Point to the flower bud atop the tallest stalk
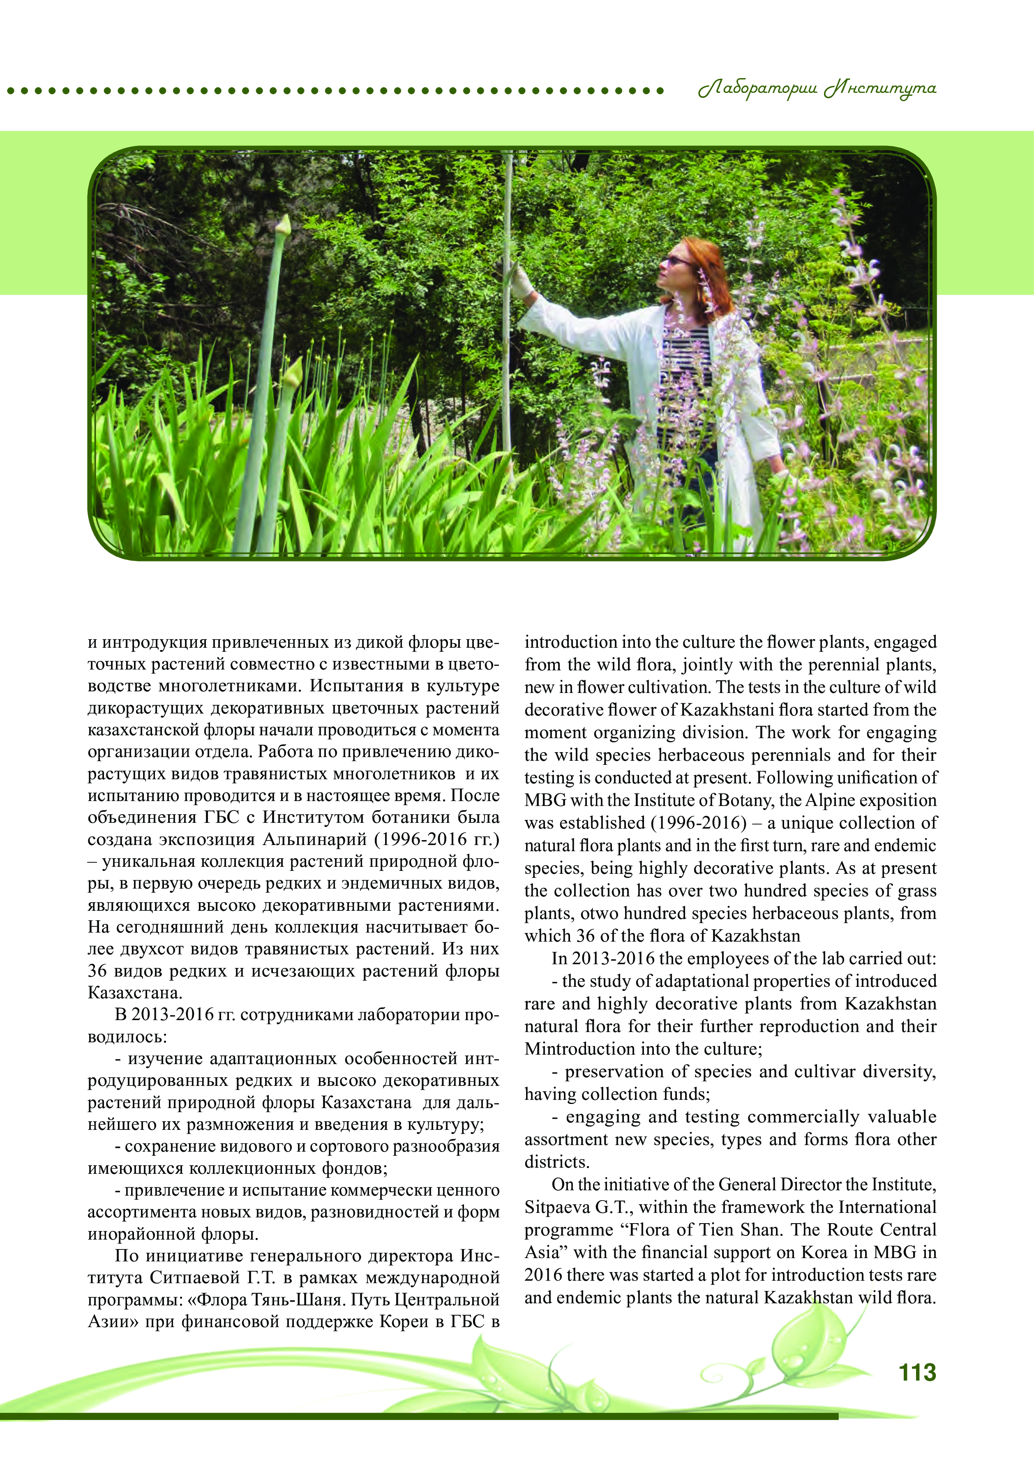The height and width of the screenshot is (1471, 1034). [x=282, y=226]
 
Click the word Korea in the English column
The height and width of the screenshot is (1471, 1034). [x=824, y=1252]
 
